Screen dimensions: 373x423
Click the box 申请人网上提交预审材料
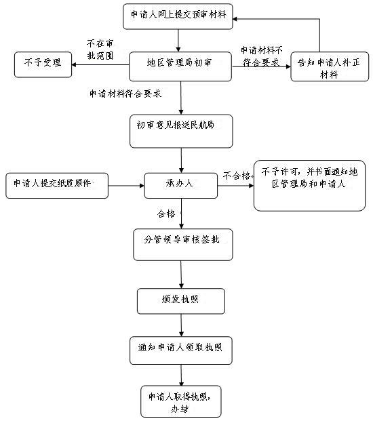pyautogui.click(x=178, y=16)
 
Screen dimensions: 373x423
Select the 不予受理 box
pyautogui.click(x=43, y=65)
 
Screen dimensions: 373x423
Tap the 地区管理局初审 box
pyautogui.click(x=180, y=66)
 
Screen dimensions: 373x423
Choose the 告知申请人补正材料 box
pyautogui.click(x=330, y=66)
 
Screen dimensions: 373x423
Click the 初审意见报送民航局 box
pyautogui.click(x=181, y=132)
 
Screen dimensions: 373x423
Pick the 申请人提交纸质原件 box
pyautogui.click(x=57, y=186)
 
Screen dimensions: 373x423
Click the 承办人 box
pyautogui.click(x=181, y=186)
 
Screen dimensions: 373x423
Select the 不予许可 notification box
pyautogui.click(x=309, y=186)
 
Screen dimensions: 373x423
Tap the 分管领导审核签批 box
pyautogui.click(x=183, y=245)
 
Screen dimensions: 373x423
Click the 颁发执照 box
pyautogui.click(x=181, y=301)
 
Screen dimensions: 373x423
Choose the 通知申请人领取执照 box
pyautogui.click(x=181, y=350)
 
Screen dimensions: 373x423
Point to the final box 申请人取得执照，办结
pyautogui.click(x=181, y=401)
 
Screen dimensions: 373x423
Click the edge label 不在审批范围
pyautogui.click(x=100, y=49)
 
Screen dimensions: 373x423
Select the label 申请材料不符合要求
pyautogui.click(x=261, y=56)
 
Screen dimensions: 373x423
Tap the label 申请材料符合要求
pyautogui.click(x=125, y=94)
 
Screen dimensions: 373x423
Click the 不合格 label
pyautogui.click(x=237, y=176)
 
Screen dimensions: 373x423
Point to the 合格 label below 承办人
pyautogui.click(x=166, y=214)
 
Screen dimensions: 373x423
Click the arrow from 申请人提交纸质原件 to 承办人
pyautogui.click(x=126, y=186)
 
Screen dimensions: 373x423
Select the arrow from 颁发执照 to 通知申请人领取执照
pyautogui.click(x=181, y=325)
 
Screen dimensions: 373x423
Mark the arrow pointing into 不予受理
pyautogui.click(x=100, y=65)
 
